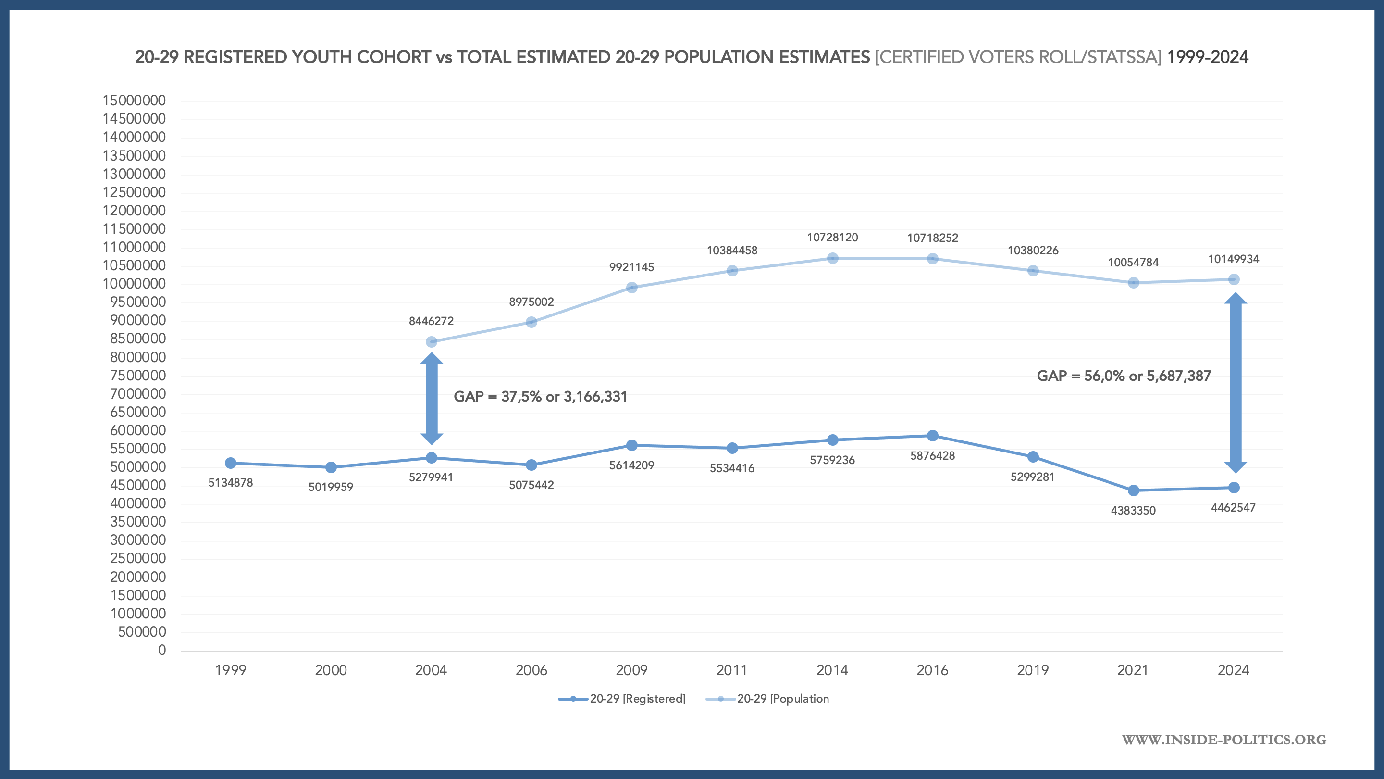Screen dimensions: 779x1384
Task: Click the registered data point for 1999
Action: coord(231,463)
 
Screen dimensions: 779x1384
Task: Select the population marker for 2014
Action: coord(833,258)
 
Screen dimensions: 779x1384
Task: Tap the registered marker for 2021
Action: coord(1134,490)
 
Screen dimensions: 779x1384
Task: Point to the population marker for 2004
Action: coord(432,342)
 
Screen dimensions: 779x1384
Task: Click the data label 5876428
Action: coord(933,456)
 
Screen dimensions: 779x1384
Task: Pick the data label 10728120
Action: coord(833,238)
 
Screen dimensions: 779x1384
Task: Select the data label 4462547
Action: coord(1234,507)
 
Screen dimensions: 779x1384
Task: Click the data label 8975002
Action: coord(531,302)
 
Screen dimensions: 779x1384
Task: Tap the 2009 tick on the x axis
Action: coord(632,670)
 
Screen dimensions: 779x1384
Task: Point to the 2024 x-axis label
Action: coord(1234,670)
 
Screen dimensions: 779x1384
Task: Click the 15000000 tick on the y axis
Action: coord(135,101)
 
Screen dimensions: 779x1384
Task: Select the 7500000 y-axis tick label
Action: coord(138,375)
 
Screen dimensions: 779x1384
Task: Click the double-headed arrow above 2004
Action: coord(432,398)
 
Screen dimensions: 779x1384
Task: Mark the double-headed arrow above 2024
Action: coord(1235,383)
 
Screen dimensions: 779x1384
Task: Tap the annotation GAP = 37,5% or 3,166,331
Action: coord(541,397)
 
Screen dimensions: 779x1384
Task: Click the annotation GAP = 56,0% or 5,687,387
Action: coord(1124,376)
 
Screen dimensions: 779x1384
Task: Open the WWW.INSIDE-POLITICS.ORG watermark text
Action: coord(1224,740)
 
